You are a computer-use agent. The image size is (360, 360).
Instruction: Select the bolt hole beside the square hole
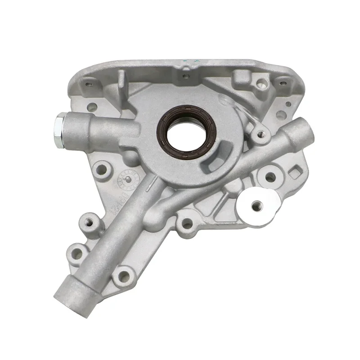pyautogui.click(x=270, y=177)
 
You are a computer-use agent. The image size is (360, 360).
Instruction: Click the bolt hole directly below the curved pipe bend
pyautogui.click(x=185, y=224)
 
